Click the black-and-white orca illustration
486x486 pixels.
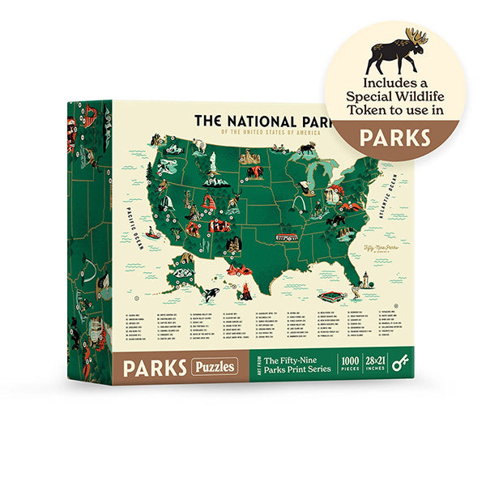211,293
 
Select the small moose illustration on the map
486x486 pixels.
306,148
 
